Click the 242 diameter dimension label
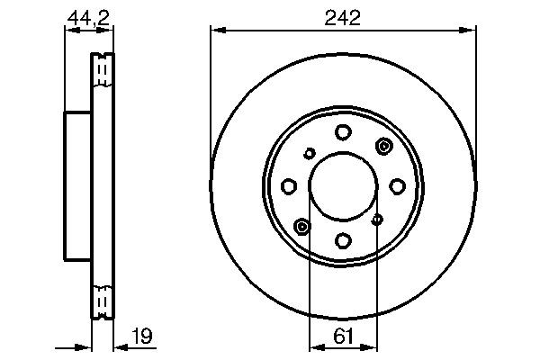point(342,17)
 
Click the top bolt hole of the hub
point(343,133)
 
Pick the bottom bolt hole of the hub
point(343,239)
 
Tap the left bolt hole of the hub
point(289,186)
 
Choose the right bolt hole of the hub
point(396,186)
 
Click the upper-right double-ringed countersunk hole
point(384,147)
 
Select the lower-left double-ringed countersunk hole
point(301,225)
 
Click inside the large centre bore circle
point(343,186)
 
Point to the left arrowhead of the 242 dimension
point(215,31)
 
